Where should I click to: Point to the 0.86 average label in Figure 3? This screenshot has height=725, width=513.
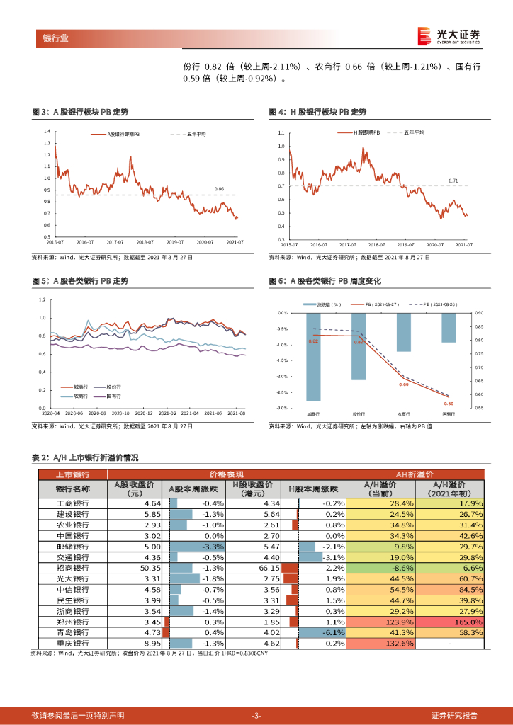219,189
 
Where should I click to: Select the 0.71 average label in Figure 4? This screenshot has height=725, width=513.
453,181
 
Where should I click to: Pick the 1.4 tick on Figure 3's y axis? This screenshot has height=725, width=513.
46,132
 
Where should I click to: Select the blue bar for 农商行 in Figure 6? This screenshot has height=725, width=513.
404,331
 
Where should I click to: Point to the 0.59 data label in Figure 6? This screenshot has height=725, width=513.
449,403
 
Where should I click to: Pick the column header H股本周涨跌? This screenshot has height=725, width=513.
313,489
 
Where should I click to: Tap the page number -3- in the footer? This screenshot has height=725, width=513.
256,715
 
